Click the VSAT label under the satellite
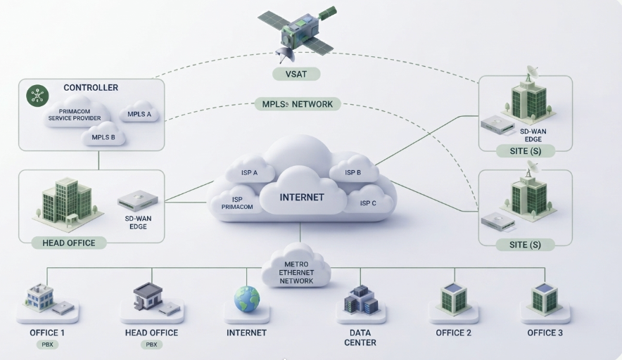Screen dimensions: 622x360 point(296,74)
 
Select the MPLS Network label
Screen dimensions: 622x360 point(298,104)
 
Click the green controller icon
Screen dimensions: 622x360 point(37,96)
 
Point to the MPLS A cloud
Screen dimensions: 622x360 point(139,113)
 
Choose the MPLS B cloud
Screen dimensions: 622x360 point(103,135)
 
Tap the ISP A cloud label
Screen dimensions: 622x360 point(249,172)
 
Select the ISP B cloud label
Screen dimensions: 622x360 point(353,172)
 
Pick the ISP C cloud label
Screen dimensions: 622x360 point(368,203)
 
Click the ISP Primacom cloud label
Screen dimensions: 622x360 point(237,203)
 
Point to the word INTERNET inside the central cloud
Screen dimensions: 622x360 point(302,197)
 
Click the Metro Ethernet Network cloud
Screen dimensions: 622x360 point(296,266)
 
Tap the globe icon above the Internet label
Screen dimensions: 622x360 point(247,299)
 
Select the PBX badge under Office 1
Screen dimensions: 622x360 point(48,345)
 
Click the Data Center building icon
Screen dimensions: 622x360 point(361,300)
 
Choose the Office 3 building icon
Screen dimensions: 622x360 point(545,298)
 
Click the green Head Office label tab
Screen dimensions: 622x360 point(69,243)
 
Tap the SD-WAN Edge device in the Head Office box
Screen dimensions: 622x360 point(138,200)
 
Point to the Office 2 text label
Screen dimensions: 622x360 point(453,333)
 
